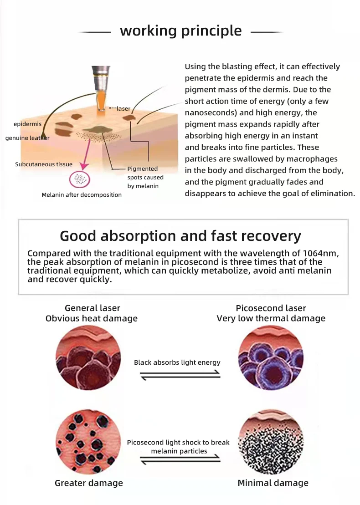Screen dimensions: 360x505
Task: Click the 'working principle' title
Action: coord(180,31)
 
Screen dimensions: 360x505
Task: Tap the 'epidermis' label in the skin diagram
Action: coord(27,124)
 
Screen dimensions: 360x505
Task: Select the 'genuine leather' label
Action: coord(27,138)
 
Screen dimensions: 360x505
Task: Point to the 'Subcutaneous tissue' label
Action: coord(44,164)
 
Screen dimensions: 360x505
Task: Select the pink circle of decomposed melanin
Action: coord(80,180)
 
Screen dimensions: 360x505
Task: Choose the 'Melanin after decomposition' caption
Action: coord(82,195)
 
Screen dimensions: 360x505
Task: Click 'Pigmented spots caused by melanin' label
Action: coord(145,178)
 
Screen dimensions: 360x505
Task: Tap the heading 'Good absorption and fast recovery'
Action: coord(180,236)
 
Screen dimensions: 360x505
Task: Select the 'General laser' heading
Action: coord(93,308)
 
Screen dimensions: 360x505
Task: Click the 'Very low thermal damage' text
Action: coord(271,318)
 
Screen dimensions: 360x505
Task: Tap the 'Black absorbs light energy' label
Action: coord(177,362)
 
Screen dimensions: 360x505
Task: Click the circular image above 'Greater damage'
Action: coord(88,442)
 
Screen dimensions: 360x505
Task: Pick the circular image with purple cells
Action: coord(271,358)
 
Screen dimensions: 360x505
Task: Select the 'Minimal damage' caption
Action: coord(273,483)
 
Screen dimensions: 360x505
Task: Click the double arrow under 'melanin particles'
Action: coord(180,459)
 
